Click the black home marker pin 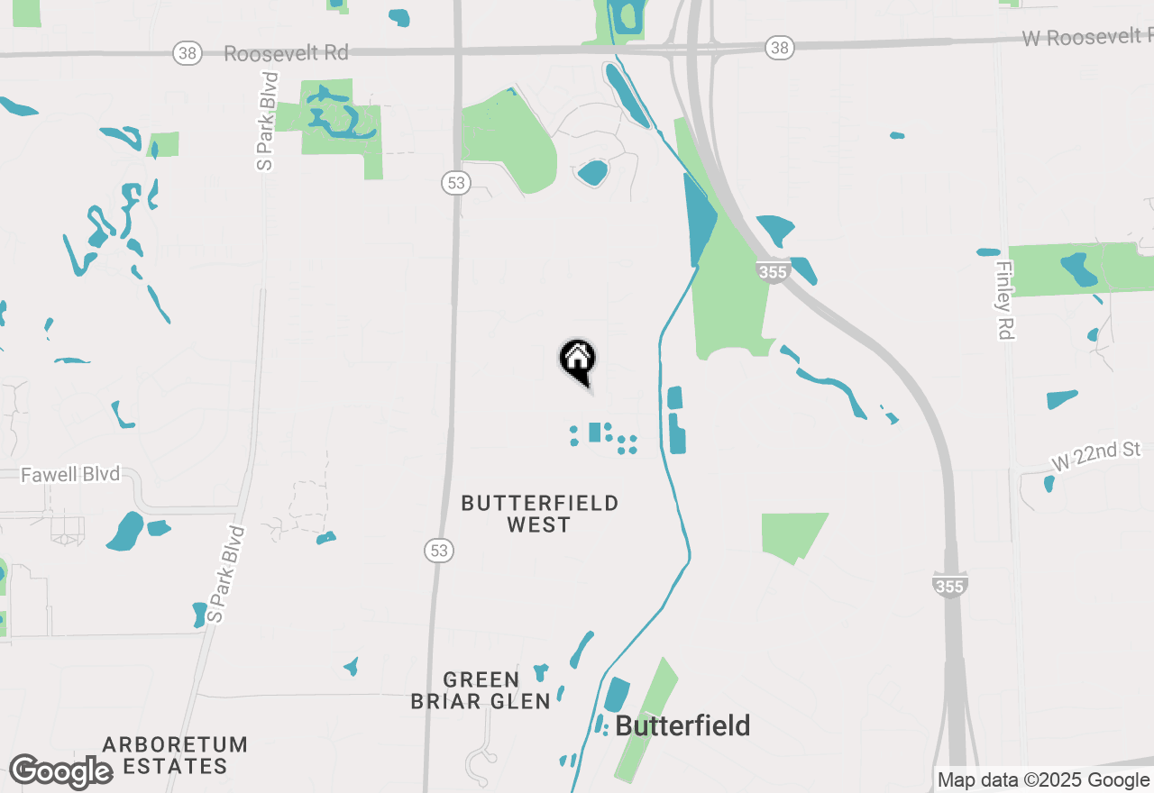point(578,361)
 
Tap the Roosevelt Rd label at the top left point(286,53)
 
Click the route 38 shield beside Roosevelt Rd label point(188,53)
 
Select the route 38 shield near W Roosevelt point(781,48)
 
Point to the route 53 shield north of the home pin point(457,183)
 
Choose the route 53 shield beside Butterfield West point(439,550)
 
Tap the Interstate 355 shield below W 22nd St point(950,586)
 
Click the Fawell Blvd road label point(70,474)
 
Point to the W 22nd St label point(1096,454)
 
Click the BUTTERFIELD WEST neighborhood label point(539,514)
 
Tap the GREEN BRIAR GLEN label point(481,690)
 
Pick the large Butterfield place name point(682,725)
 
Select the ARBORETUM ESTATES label point(175,755)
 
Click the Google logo point(60,771)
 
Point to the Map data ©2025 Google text point(1043,780)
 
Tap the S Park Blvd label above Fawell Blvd point(267,121)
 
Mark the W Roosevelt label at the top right point(1087,38)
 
